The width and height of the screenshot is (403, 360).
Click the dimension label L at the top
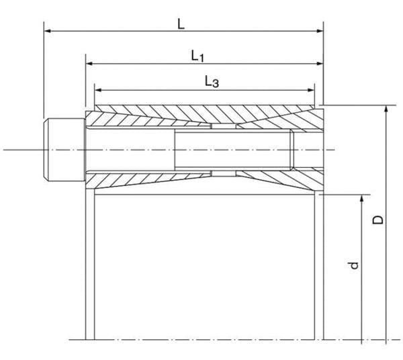pos(181,24)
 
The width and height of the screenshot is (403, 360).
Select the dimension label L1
pos(197,56)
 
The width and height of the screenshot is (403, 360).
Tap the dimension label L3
pos(212,82)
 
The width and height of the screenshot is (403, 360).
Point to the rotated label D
pos(378,220)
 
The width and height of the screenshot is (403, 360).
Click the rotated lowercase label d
pos(354,265)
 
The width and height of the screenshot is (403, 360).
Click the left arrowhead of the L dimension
pos(48,31)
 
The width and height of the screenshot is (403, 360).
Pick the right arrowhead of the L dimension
pos(320,31)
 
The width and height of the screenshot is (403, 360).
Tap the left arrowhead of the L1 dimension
pos(89,63)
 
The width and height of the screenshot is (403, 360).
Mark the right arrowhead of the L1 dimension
pos(320,63)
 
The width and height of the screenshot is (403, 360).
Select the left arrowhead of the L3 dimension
pos(98,90)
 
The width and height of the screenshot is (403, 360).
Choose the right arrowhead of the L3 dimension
pos(311,90)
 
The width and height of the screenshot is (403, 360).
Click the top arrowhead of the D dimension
pos(386,109)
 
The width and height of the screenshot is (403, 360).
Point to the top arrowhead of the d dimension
pos(361,198)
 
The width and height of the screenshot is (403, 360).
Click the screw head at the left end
pos(64,150)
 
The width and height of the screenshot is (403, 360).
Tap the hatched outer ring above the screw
pos(204,112)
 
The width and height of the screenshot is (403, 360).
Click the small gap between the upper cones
pos(224,126)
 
